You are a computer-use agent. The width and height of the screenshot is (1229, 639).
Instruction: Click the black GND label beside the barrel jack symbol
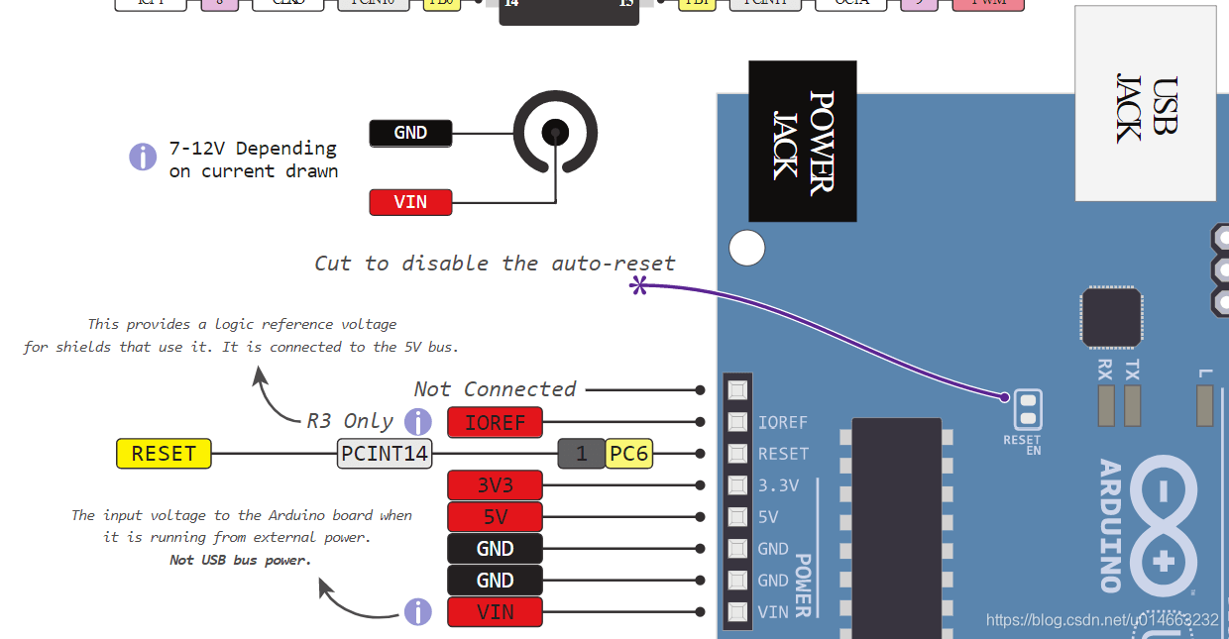410,133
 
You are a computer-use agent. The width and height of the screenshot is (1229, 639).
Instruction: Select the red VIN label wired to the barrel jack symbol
410,202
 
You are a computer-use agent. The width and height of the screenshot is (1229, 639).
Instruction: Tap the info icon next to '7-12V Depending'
143,157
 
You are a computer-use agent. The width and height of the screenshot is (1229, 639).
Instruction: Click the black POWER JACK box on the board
802,141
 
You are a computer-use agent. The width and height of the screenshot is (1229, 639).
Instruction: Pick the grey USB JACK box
1145,103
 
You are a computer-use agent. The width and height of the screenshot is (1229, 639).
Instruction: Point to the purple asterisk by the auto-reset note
639,286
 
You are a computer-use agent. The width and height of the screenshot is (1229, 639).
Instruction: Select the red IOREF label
495,422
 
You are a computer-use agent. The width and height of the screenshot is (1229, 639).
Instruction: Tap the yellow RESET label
164,454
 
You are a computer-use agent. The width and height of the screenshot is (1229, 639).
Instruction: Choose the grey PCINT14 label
385,454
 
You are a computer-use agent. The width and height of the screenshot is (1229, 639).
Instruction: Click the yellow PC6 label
628,454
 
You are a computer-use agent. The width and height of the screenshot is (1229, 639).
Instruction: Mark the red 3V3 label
495,485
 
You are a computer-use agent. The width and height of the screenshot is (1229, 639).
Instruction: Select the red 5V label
495,517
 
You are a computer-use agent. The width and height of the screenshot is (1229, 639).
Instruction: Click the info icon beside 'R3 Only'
418,421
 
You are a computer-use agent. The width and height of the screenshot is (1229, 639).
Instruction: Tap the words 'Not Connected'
495,389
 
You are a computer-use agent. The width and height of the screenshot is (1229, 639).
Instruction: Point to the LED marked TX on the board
1132,404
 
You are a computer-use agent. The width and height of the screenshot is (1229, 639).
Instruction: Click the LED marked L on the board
1205,404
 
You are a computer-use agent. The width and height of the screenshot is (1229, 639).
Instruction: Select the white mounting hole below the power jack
747,248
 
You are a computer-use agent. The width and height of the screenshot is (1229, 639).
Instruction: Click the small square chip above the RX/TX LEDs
1111,318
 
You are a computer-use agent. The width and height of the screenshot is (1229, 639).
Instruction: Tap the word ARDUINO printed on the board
1109,525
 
